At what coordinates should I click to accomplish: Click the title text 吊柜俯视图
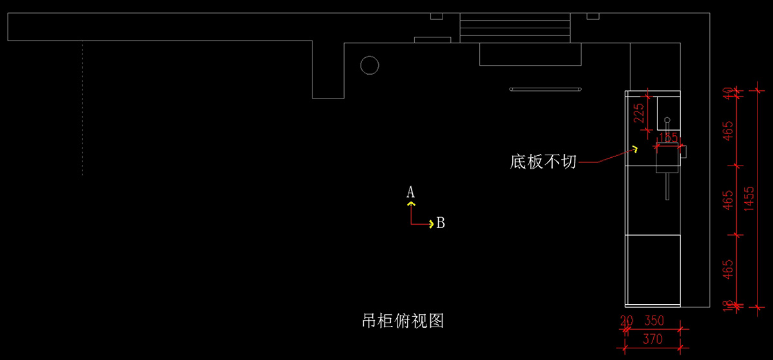403,320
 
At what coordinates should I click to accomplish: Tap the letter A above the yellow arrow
410,192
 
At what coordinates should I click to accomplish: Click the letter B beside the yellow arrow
441,223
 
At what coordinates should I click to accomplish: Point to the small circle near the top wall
369,65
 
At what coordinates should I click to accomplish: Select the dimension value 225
639,114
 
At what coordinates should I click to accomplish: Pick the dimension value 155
667,138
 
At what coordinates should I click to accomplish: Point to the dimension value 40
729,94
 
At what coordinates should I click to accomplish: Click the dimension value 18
729,307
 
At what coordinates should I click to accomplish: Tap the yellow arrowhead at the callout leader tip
635,149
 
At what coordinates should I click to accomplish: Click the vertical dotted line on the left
82,109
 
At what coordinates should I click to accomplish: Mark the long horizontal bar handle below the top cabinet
546,89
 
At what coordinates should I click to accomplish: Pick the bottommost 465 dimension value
729,270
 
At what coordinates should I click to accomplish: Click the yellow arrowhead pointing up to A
411,203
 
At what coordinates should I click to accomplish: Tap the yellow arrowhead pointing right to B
431,224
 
